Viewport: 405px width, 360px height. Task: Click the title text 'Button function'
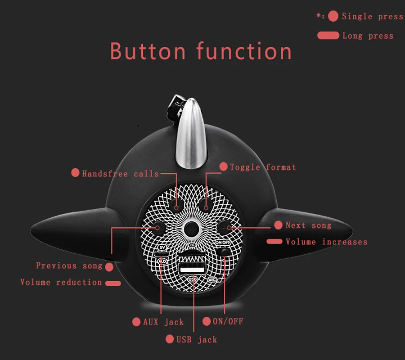point(201,51)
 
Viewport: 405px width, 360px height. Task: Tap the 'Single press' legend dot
point(333,16)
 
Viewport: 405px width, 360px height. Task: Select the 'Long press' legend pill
point(328,36)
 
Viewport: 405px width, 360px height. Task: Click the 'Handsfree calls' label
point(120,174)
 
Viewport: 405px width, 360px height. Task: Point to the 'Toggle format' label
point(263,167)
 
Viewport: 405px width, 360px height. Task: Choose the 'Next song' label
point(308,225)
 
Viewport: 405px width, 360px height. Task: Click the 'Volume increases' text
point(327,242)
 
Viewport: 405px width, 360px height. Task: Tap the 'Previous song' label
point(69,265)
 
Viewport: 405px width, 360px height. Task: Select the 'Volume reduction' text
point(61,282)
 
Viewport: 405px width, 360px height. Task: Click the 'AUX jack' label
point(163,322)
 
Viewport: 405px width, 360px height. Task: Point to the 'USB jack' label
point(197,339)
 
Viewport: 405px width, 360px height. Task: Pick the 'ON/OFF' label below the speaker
point(228,321)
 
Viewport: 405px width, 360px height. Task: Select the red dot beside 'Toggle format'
point(223,166)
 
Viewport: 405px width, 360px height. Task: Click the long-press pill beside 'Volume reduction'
point(113,283)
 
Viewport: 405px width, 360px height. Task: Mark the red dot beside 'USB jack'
point(170,339)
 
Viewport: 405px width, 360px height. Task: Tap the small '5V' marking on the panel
point(162,247)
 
